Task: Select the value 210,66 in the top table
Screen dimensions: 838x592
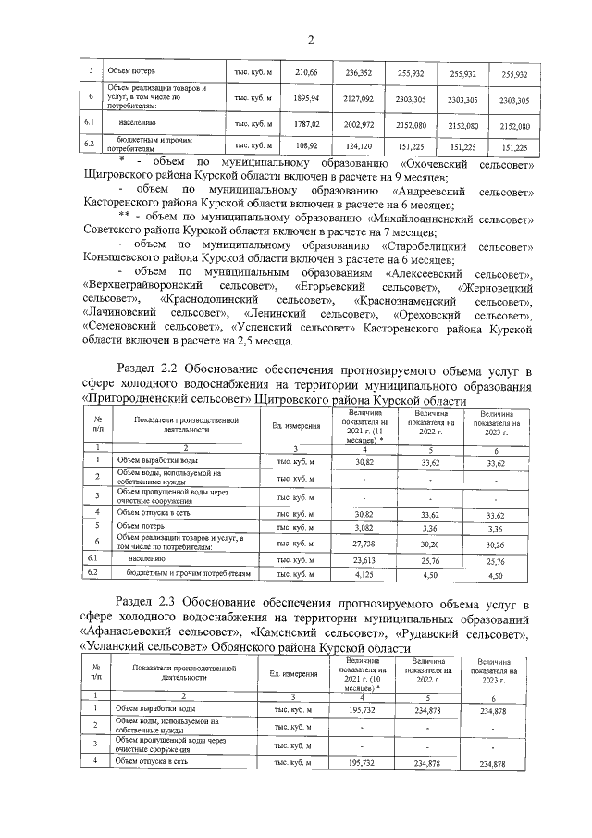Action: point(306,73)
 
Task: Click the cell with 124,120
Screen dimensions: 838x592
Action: point(358,146)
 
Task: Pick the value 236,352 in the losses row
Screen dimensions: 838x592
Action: point(358,73)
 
